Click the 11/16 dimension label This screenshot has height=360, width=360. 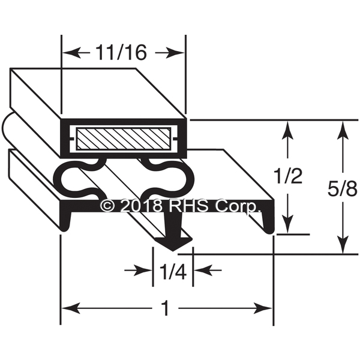[x=121, y=52]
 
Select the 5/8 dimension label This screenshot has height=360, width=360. [x=343, y=189]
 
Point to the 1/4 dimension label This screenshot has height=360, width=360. [x=173, y=272]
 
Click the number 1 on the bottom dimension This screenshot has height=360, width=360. [x=165, y=308]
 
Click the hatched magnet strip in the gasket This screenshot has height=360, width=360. [x=124, y=139]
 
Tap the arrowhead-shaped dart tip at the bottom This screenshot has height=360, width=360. [x=173, y=244]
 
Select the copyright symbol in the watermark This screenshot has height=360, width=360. [x=107, y=206]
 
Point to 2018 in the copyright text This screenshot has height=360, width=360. [x=142, y=206]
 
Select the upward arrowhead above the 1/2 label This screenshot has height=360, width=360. [x=287, y=130]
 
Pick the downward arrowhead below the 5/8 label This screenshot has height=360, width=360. [x=343, y=244]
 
